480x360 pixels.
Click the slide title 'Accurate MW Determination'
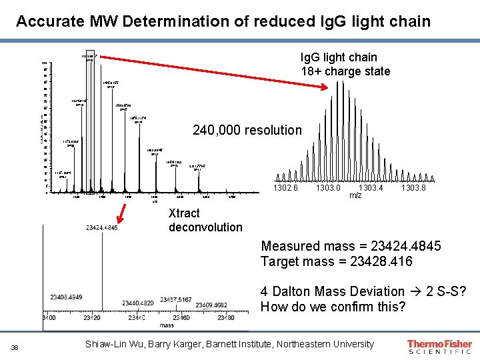[223, 21]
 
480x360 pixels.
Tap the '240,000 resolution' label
[247, 130]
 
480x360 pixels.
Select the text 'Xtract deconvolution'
[205, 220]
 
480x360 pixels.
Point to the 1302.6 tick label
[288, 189]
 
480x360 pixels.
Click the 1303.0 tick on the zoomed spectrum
[328, 189]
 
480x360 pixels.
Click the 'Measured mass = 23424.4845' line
[351, 246]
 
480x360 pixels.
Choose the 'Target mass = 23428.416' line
[337, 261]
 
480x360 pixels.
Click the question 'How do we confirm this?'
[333, 307]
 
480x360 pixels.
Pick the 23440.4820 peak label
[137, 303]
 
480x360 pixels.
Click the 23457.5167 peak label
[176, 300]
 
